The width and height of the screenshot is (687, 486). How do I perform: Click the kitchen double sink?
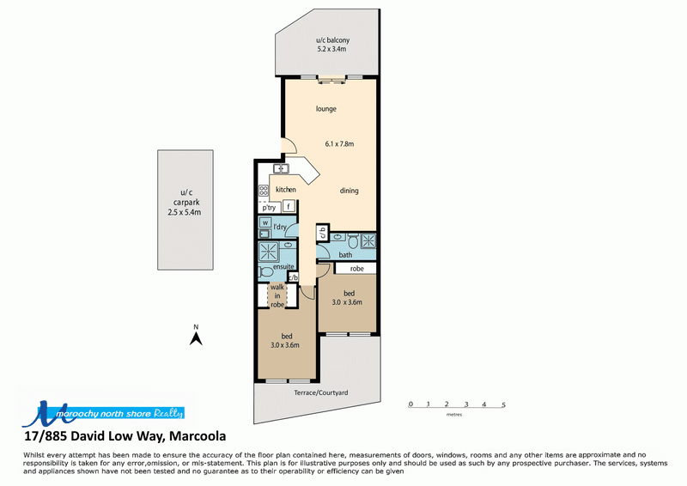coord(281,168)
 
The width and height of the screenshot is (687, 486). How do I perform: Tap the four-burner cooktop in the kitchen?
coord(264,191)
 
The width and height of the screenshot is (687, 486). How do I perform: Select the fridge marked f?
coord(289,205)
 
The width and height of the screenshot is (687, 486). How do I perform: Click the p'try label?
coord(269,208)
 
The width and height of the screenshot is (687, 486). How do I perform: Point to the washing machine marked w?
coord(265,222)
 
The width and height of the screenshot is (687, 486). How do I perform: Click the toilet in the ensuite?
coord(265,271)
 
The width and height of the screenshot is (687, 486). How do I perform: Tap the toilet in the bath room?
coord(353,240)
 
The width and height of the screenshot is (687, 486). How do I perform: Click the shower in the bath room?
coord(368,240)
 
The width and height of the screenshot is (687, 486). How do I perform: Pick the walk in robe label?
coord(277,295)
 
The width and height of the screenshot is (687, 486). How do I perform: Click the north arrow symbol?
coord(196,338)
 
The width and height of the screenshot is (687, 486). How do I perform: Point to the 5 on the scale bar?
coord(503,405)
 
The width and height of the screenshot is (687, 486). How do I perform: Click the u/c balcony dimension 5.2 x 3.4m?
coord(331,49)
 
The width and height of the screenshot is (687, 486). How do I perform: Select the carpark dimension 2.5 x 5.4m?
coord(185,213)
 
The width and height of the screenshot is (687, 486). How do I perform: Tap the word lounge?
coord(326,109)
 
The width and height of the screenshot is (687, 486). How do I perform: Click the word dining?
coord(350,191)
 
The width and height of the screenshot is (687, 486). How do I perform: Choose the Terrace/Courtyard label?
coord(320,392)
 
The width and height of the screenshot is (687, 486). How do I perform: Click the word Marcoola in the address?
coord(198,436)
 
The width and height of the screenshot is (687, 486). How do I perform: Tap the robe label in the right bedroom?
coord(357,269)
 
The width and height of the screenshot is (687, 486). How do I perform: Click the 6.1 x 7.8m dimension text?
coord(339,143)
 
